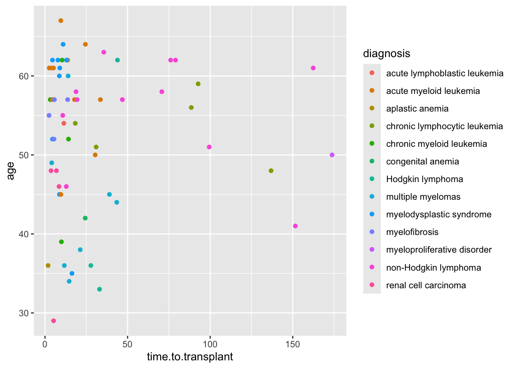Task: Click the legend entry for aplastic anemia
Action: click(417, 108)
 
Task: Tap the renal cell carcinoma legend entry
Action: click(426, 285)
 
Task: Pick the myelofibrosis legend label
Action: click(412, 232)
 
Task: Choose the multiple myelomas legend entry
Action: click(423, 197)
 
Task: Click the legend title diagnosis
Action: click(387, 53)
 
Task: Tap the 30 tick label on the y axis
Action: click(24, 313)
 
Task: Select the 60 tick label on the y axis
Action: click(24, 76)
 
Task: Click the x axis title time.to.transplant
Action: click(190, 357)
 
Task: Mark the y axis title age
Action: click(11, 171)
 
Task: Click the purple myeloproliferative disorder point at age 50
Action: click(332, 155)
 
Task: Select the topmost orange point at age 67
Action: click(61, 21)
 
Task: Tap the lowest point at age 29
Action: click(53, 321)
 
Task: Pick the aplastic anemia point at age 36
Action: click(48, 265)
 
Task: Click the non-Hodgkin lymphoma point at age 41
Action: click(295, 226)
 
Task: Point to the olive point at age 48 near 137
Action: click(271, 171)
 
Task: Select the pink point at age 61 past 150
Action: click(313, 68)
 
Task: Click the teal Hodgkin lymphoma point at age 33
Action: click(100, 289)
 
